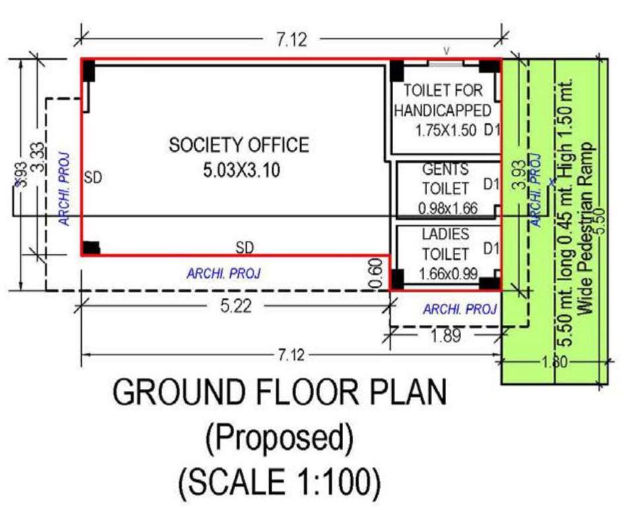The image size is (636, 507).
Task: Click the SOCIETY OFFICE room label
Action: tap(238, 145)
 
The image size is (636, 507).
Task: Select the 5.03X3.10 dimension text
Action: tap(241, 170)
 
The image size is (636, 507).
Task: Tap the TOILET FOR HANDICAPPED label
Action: tap(443, 100)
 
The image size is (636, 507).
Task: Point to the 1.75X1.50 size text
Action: tap(445, 130)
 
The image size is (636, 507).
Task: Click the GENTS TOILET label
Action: tap(445, 179)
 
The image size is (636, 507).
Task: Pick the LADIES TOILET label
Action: tap(445, 244)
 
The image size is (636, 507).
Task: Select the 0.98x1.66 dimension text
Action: tap(447, 209)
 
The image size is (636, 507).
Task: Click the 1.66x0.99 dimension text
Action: tap(448, 273)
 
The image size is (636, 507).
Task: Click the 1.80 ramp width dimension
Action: tap(554, 362)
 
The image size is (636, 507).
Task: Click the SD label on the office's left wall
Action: tap(93, 178)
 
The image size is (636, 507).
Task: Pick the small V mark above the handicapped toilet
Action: tap(446, 50)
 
